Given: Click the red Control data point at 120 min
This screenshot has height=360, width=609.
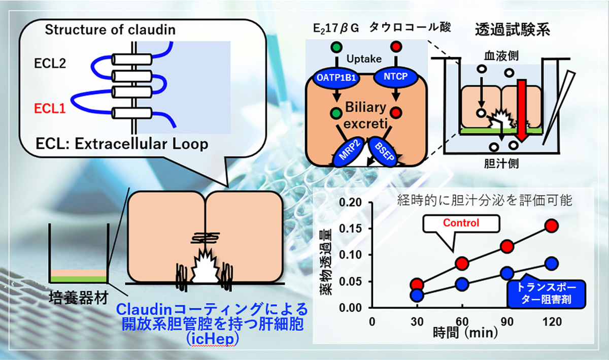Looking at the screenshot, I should (552, 225).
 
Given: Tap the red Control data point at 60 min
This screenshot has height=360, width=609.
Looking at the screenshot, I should (462, 263).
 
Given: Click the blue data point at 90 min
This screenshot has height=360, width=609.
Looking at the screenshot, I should (507, 273).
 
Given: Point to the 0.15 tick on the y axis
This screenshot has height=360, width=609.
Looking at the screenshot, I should (351, 228).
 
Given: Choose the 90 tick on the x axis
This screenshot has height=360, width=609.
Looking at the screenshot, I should (507, 322).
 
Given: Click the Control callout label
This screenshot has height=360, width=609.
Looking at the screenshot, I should (461, 222).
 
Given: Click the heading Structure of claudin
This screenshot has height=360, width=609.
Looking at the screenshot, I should (110, 29).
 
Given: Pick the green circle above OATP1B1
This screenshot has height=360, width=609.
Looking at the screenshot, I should (336, 48).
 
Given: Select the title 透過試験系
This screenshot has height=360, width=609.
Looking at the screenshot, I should (519, 29).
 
